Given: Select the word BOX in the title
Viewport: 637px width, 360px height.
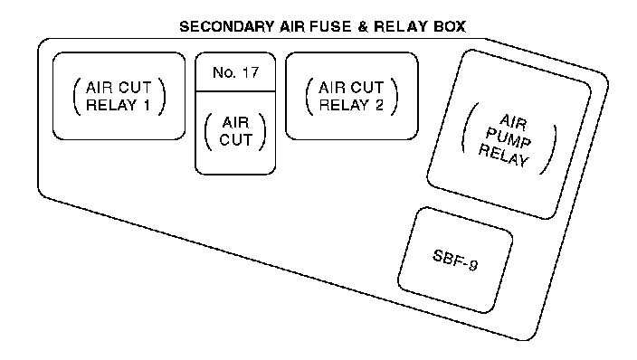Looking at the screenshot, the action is click(x=450, y=27).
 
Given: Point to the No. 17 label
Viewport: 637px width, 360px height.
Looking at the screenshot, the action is click(x=235, y=72).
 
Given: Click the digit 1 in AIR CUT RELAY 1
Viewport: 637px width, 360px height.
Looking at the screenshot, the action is click(x=147, y=105).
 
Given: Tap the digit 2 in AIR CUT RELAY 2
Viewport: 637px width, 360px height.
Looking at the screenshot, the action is click(x=379, y=105).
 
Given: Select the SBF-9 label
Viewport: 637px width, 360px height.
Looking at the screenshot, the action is click(x=455, y=260).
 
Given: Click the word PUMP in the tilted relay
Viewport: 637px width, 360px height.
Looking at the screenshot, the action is click(x=509, y=138).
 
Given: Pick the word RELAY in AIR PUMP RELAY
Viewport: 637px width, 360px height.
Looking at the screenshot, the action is click(x=504, y=155).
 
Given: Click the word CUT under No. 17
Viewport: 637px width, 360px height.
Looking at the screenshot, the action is click(x=235, y=140).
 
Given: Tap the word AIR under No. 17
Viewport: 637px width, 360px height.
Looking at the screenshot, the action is click(x=235, y=122).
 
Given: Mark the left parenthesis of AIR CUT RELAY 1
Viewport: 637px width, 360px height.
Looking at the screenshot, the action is click(x=76, y=97).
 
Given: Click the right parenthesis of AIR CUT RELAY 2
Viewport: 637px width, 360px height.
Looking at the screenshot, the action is click(x=395, y=97).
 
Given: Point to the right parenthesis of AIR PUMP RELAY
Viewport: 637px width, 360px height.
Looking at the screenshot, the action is click(x=548, y=149).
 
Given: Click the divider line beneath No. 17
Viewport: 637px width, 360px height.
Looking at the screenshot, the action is click(x=235, y=91).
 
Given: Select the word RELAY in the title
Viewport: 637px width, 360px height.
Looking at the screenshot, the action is click(x=401, y=27).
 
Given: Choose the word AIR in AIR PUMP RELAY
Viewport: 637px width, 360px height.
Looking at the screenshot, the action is click(x=514, y=122).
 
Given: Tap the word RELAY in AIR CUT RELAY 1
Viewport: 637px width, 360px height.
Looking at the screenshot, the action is click(x=111, y=105).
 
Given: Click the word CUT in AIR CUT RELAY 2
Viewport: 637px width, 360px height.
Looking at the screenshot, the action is click(x=367, y=88).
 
